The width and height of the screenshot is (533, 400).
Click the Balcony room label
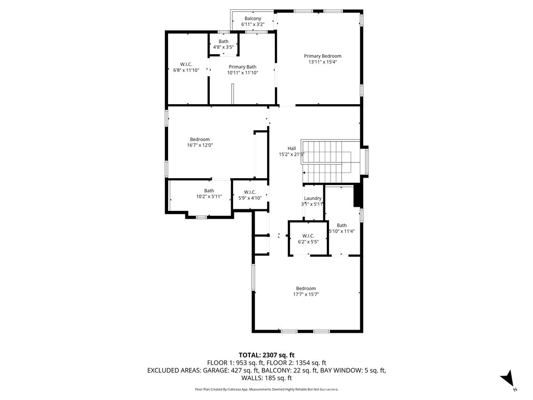253,19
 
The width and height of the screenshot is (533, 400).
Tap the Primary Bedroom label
323,56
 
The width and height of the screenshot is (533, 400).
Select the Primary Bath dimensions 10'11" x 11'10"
243,73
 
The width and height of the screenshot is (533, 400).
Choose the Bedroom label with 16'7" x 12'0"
200,139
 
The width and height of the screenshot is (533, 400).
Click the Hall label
291,148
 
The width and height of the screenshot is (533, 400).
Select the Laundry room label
313,198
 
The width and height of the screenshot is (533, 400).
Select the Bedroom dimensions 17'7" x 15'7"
306,294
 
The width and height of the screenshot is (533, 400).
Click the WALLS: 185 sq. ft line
266,378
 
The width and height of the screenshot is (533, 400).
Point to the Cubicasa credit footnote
266,389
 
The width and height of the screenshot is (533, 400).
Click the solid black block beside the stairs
358,196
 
